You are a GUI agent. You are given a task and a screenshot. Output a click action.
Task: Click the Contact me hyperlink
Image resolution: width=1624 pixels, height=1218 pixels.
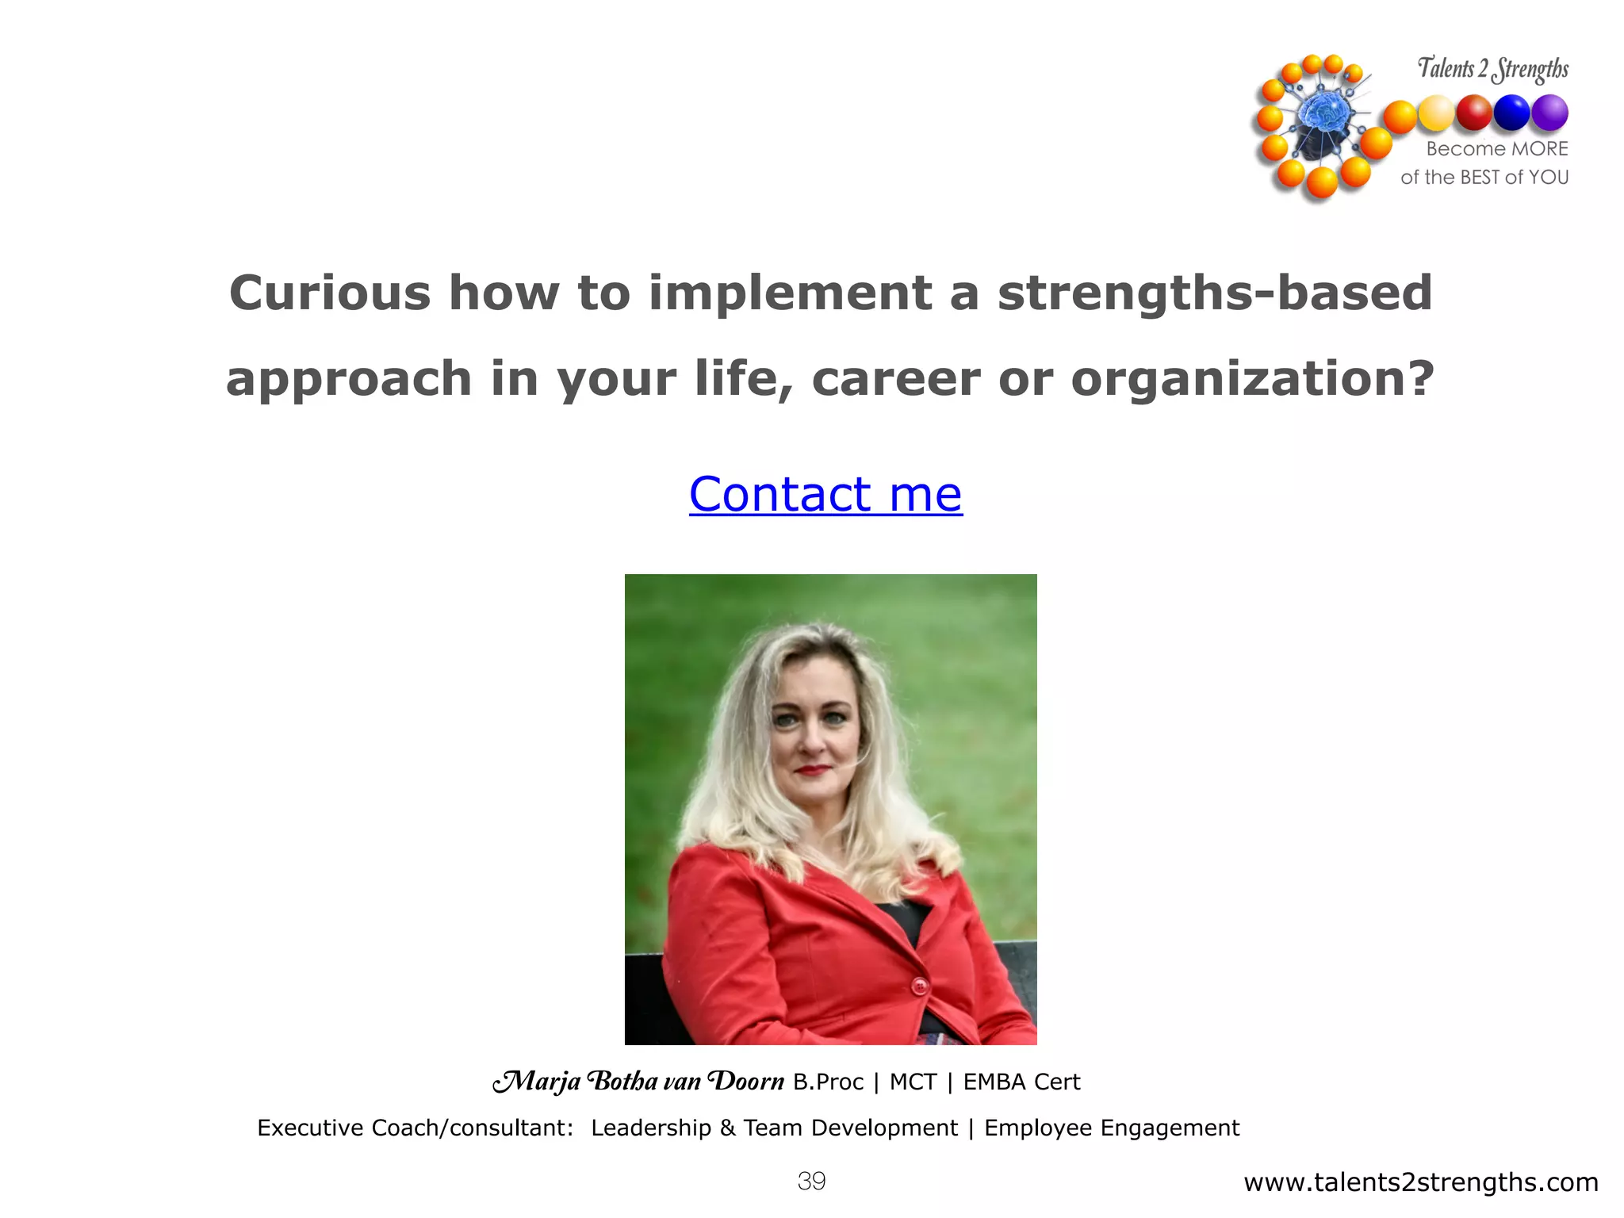coord(825,495)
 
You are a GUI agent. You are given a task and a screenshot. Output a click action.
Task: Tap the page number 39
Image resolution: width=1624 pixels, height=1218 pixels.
coord(811,1181)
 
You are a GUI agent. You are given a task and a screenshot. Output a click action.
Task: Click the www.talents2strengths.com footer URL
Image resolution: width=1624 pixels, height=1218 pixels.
coord(1420,1182)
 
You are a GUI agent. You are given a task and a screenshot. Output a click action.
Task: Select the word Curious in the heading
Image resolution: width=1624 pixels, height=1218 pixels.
coord(329,293)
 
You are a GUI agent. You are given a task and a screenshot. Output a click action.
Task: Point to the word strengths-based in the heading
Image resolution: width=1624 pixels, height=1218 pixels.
coord(1214,293)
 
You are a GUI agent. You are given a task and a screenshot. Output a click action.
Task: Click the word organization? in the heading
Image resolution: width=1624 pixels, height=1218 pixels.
coord(1252,378)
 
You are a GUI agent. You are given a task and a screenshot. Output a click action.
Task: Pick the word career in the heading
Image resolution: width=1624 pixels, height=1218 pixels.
coord(895,378)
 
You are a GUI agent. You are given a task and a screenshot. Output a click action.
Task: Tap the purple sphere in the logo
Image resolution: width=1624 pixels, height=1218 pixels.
coord(1549,113)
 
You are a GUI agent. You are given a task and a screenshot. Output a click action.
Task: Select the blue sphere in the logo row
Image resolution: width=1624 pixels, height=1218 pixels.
coord(1511,113)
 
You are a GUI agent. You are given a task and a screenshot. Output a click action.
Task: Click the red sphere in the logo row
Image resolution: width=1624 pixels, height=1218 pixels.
coord(1474,113)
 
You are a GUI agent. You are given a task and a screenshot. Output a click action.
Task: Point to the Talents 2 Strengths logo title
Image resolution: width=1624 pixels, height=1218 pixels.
coord(1492,69)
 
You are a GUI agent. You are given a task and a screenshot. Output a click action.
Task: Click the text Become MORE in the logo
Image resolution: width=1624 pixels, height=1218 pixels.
coord(1496,148)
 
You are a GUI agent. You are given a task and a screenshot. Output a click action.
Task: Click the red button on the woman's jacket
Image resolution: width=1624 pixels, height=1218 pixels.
coord(919,986)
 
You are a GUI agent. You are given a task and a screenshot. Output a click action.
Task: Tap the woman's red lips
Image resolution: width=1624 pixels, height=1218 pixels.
coord(812,769)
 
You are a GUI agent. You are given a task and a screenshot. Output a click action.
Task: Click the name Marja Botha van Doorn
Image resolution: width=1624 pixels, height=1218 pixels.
coord(638,1082)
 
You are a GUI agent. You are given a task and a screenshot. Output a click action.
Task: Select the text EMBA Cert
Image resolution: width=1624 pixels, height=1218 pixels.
coord(1021,1082)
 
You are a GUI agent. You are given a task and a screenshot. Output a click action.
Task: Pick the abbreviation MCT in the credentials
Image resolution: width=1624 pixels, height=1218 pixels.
coord(913,1082)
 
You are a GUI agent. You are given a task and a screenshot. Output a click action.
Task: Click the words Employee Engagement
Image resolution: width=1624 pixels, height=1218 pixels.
coord(1111,1128)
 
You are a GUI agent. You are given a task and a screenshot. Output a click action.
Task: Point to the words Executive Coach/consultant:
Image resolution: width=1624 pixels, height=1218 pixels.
coord(415,1128)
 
